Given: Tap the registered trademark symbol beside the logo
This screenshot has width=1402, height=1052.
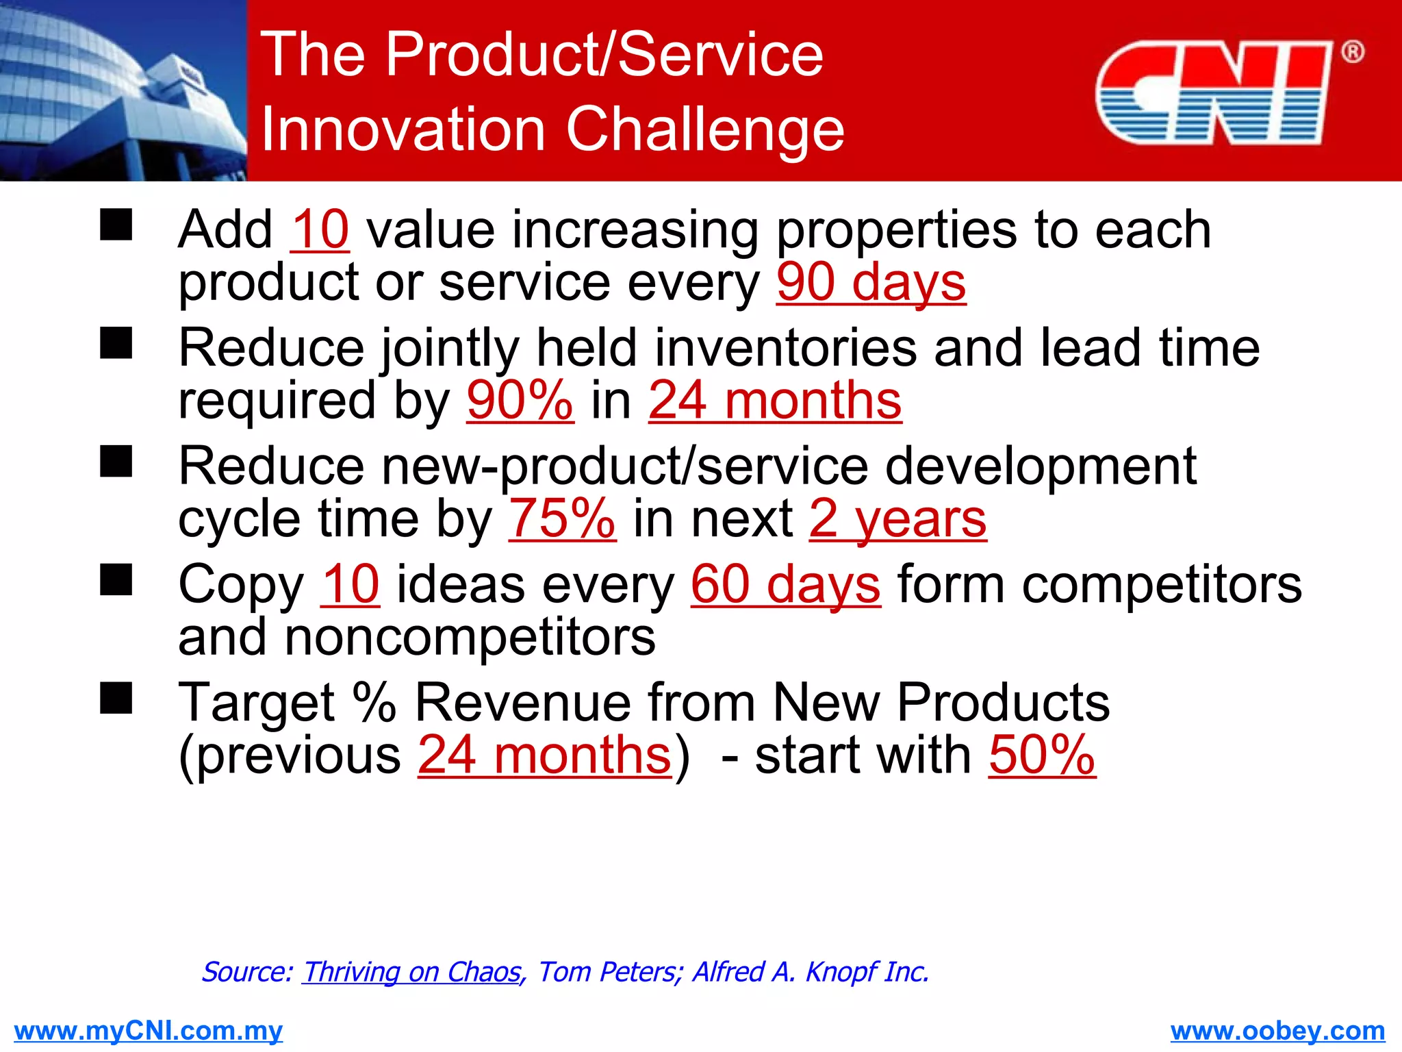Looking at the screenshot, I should [1352, 52].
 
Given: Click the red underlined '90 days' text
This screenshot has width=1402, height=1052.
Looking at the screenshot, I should [871, 282].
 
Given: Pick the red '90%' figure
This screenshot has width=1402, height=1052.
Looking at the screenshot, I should [520, 401].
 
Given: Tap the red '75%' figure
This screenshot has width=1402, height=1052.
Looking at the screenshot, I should [561, 518].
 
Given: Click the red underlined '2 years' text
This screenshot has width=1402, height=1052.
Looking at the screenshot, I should [897, 518].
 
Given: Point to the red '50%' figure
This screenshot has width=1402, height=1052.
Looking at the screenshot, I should [1042, 755].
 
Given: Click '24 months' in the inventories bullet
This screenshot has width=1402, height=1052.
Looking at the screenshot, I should [775, 401].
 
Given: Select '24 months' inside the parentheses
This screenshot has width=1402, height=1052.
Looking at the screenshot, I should [545, 755].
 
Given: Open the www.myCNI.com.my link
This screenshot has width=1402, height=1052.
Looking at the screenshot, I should [148, 1030].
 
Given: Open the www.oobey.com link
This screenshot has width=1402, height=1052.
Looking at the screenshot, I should [1277, 1030].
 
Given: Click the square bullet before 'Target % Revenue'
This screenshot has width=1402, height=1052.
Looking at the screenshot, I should [116, 699].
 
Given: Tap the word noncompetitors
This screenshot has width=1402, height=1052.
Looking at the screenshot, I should [470, 637].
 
